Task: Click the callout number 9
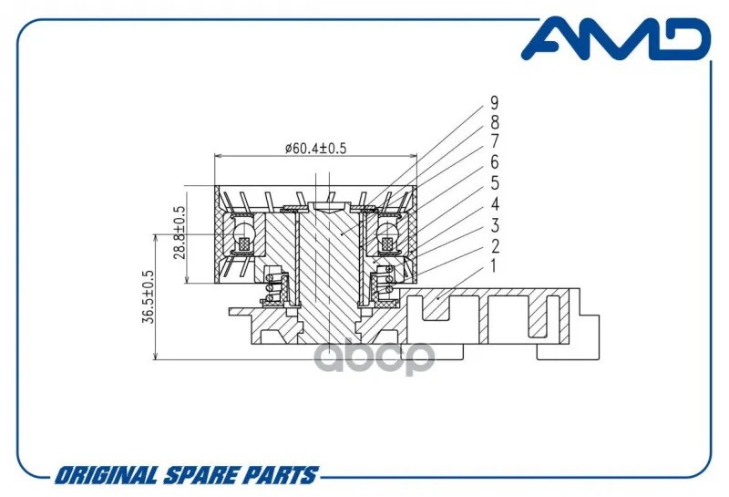click(x=494, y=103)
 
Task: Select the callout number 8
click(x=494, y=123)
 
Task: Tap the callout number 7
click(x=494, y=141)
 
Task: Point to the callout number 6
click(x=494, y=162)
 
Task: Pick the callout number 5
click(x=494, y=183)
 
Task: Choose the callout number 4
click(x=494, y=204)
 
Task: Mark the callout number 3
click(x=494, y=225)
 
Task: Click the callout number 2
click(x=494, y=246)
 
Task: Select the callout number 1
click(x=493, y=266)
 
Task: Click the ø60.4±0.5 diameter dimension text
click(x=315, y=149)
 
